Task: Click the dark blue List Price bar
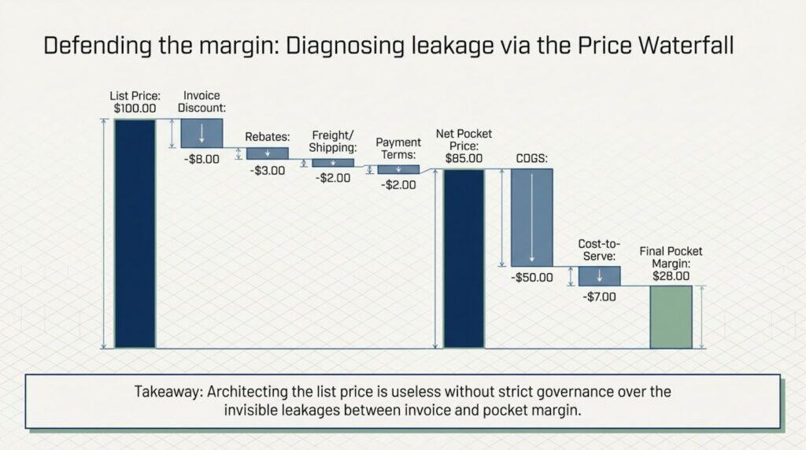click(x=135, y=233)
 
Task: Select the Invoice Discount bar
click(x=201, y=133)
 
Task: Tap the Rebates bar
click(x=268, y=153)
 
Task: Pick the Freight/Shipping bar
click(x=333, y=163)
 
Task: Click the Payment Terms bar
click(x=398, y=169)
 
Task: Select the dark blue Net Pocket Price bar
click(x=464, y=258)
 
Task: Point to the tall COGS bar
click(x=532, y=218)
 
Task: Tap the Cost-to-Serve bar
click(x=599, y=276)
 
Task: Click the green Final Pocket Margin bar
click(x=671, y=317)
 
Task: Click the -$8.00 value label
click(x=201, y=160)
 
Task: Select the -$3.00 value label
click(x=267, y=171)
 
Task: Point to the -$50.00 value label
click(x=531, y=278)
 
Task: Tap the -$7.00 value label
click(x=599, y=297)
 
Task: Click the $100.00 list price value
click(x=135, y=107)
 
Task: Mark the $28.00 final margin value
click(x=671, y=276)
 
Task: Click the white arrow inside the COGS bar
click(x=532, y=218)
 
